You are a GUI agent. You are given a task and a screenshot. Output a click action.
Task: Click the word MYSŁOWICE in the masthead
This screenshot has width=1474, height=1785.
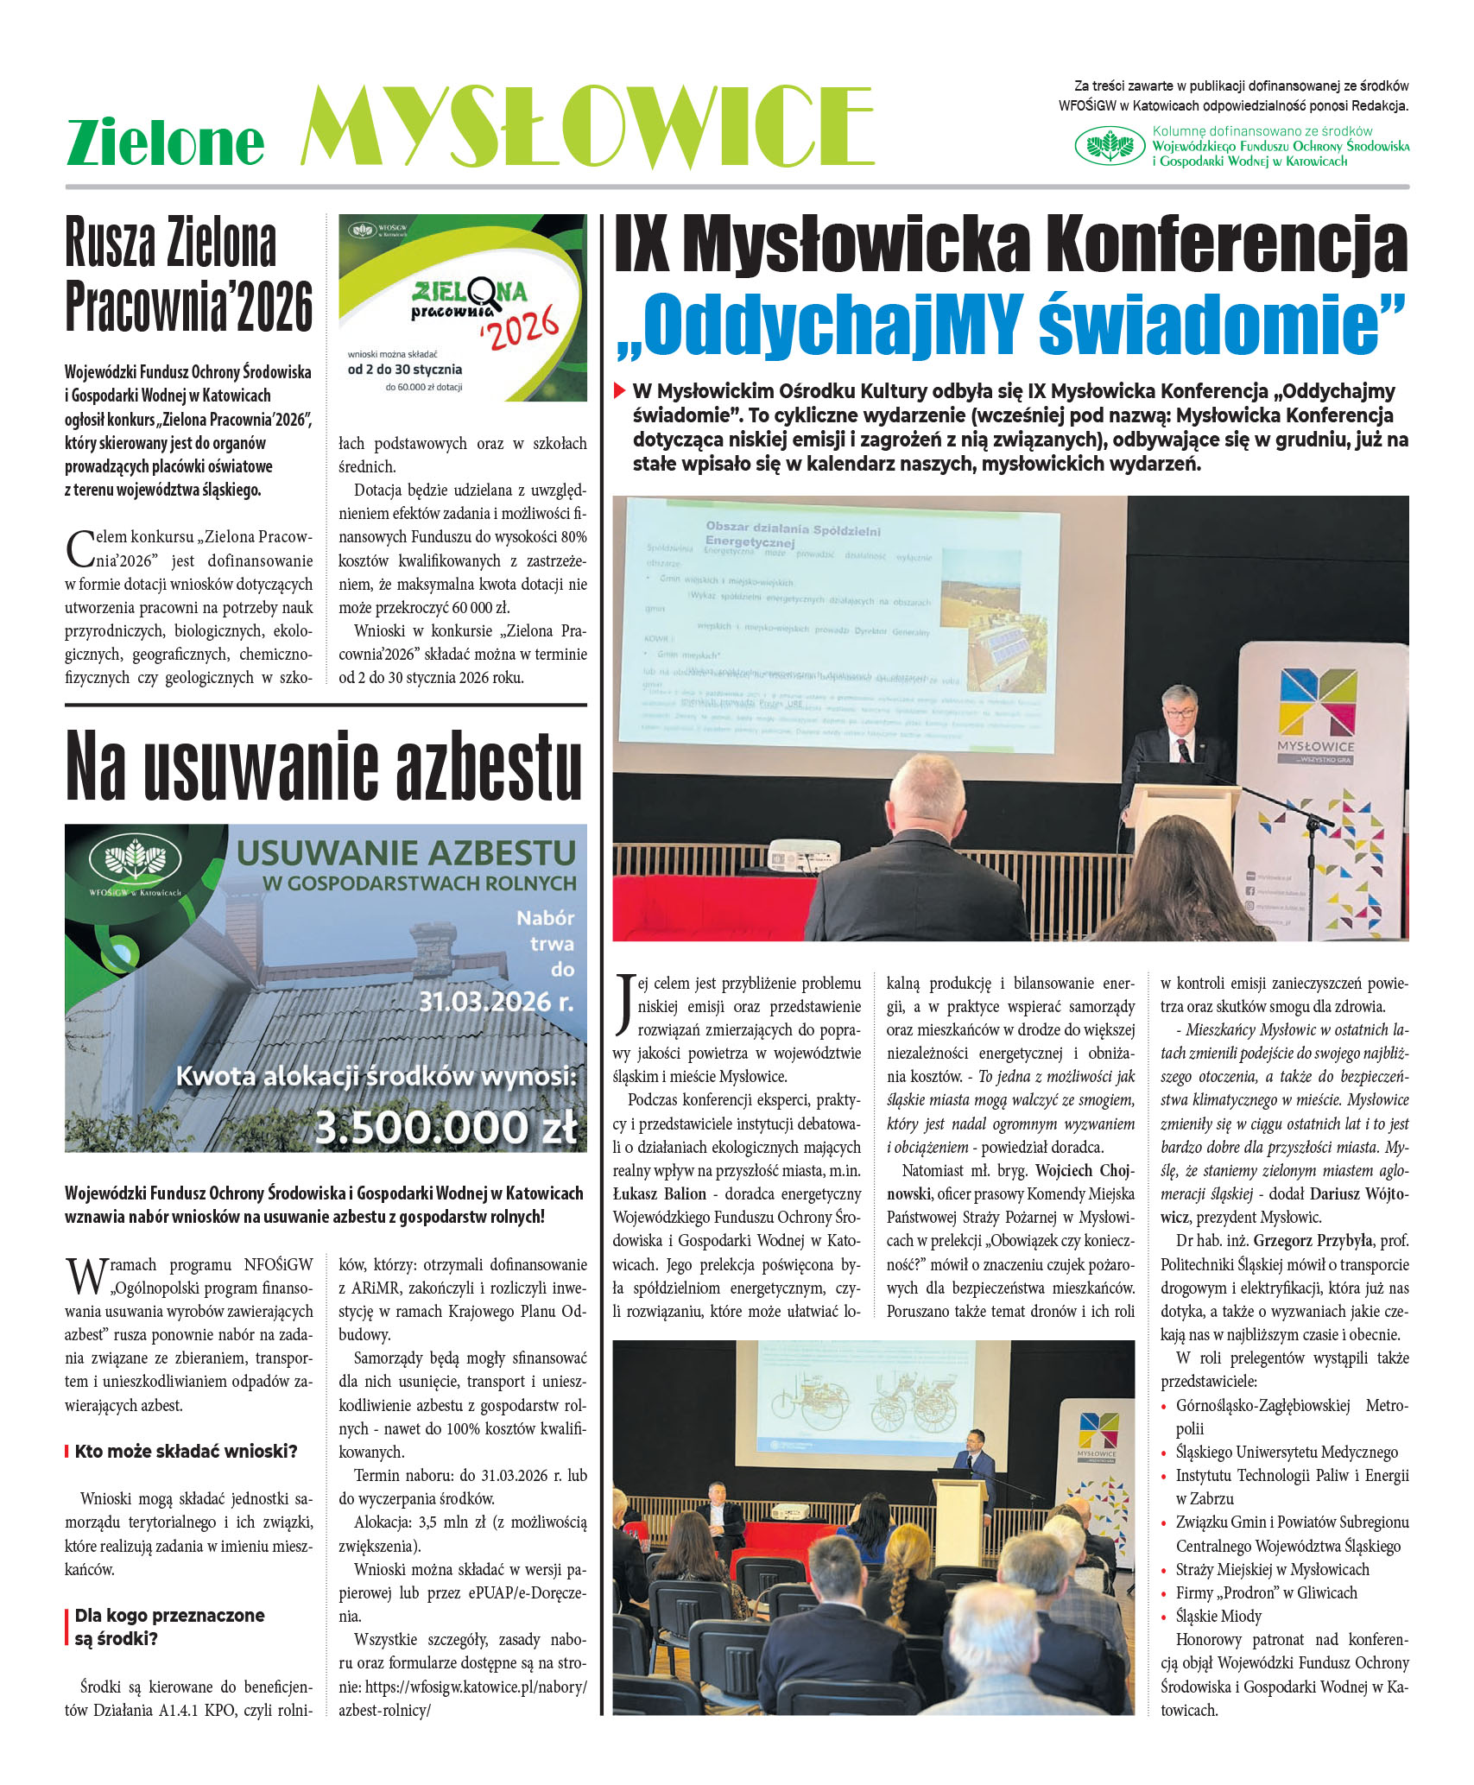click(x=587, y=126)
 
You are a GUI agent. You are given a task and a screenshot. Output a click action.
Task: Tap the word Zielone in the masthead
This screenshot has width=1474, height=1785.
click(x=165, y=142)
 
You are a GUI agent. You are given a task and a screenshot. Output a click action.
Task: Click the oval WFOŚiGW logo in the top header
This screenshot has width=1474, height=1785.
click(x=1109, y=145)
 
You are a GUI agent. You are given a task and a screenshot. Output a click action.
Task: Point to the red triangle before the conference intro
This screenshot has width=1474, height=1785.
click(x=619, y=391)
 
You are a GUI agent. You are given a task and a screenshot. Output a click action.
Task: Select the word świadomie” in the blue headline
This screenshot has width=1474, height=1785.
click(x=1221, y=324)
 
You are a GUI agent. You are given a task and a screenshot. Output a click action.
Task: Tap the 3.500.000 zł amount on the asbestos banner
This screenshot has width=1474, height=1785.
click(x=445, y=1128)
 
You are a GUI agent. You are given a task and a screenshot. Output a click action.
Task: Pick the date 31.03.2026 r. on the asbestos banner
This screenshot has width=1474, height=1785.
click(x=497, y=1001)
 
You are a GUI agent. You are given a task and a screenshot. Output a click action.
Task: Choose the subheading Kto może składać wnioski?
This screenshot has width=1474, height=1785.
click(x=186, y=1452)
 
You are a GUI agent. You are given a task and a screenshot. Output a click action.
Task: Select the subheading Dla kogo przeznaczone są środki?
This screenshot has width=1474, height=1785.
click(x=169, y=1627)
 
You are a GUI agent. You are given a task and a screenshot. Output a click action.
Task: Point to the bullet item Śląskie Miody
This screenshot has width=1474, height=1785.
click(x=1218, y=1616)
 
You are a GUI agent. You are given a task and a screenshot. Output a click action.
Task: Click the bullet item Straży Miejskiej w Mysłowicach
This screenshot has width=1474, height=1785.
click(x=1272, y=1569)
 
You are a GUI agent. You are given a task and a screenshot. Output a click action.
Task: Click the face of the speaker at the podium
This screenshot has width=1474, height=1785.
click(x=1180, y=711)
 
